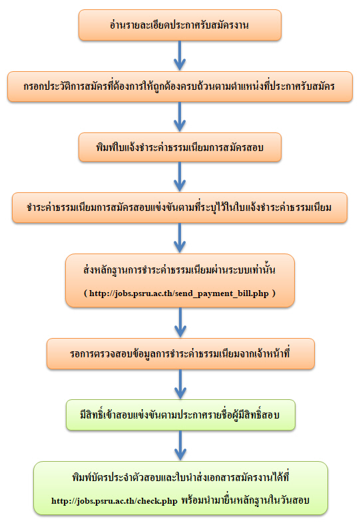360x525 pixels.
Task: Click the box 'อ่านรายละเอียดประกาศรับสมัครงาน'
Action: click(180, 25)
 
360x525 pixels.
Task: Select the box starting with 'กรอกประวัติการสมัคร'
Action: click(180, 87)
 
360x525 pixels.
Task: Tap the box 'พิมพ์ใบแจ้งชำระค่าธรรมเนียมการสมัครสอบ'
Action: click(180, 147)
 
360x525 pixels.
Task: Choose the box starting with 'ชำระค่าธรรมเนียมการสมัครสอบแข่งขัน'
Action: click(180, 208)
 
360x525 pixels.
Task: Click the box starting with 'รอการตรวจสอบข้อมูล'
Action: click(180, 353)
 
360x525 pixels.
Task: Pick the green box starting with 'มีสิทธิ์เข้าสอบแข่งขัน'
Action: click(180, 415)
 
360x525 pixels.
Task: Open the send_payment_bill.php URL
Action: click(179, 293)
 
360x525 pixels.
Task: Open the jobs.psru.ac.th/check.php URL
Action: click(114, 501)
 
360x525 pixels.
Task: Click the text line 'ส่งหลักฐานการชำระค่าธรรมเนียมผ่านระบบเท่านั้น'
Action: click(180, 269)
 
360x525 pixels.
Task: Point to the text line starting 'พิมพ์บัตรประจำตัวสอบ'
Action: click(180, 477)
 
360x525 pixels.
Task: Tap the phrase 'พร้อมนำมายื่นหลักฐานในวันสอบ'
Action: click(245, 500)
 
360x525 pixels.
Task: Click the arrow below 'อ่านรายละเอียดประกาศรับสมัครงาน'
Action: click(180, 56)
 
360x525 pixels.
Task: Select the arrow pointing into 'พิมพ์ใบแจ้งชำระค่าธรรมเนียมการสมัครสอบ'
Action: click(180, 117)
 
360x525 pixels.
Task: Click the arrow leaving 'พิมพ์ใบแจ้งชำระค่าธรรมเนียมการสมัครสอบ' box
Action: click(180, 177)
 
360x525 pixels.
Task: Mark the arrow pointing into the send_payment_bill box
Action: click(180, 238)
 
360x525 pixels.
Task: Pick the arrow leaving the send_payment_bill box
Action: click(180, 323)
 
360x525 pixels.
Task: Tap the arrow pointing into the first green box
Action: click(180, 384)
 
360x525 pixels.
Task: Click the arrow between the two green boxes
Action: click(180, 446)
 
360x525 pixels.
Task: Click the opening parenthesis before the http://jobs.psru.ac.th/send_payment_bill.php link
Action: click(85, 293)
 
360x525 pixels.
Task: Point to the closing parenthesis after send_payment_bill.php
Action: click(273, 293)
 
